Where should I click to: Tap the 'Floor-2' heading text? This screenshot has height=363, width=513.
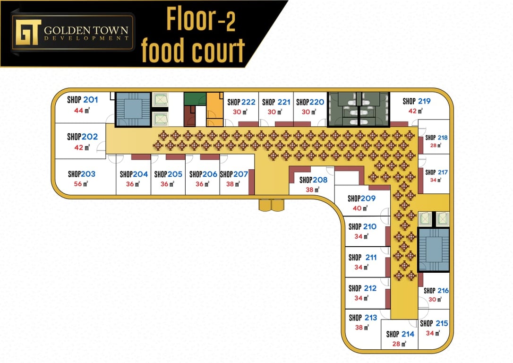[x=201, y=19]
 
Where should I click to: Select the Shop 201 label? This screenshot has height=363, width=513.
[x=83, y=100]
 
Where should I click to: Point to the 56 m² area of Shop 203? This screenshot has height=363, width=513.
[x=81, y=184]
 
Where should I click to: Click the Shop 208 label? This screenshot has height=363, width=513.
[x=314, y=180]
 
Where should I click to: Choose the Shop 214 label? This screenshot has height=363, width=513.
[x=400, y=334]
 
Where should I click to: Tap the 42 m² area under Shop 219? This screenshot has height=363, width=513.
[x=415, y=111]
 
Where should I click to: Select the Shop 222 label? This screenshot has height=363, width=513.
[x=241, y=102]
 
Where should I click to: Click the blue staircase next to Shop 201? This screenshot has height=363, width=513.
[x=133, y=109]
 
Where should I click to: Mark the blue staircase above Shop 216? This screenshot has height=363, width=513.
[x=434, y=250]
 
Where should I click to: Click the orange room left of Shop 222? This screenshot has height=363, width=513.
[x=214, y=109]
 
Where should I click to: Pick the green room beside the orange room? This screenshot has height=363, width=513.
[x=195, y=99]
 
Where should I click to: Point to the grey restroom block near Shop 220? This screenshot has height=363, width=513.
[x=359, y=109]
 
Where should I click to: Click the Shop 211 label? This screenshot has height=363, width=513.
[x=362, y=258]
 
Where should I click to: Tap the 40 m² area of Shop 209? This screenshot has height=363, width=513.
[x=360, y=208]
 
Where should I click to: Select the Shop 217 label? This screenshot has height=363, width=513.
[x=436, y=172]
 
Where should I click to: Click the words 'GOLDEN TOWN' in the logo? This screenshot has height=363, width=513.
[x=86, y=30]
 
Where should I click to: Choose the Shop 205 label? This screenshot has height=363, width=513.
[x=168, y=174]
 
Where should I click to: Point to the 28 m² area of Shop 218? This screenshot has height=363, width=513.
[x=436, y=145]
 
